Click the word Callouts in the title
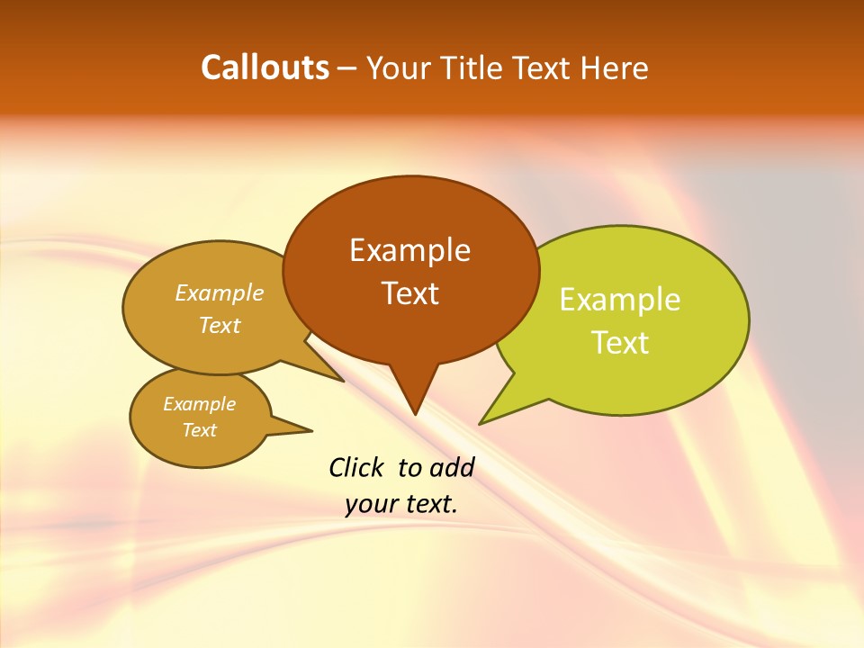[x=265, y=67]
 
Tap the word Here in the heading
[x=613, y=68]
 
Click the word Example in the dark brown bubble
[x=409, y=250]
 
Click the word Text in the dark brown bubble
[x=409, y=293]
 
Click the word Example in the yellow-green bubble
[x=620, y=300]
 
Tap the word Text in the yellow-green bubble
[x=620, y=343]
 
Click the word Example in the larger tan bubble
[x=220, y=293]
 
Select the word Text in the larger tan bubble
[x=220, y=325]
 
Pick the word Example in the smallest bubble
[x=199, y=404]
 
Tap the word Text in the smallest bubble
[x=199, y=430]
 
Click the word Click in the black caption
[x=357, y=467]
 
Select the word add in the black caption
[x=452, y=467]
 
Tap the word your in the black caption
[x=370, y=505]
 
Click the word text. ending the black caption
[x=430, y=505]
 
